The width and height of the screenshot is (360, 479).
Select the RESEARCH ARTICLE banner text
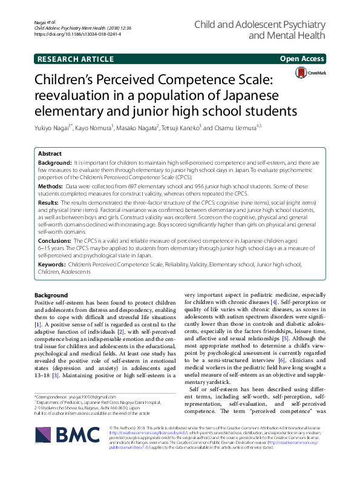pos(76,59)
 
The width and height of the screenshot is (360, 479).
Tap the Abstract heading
pos(50,154)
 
